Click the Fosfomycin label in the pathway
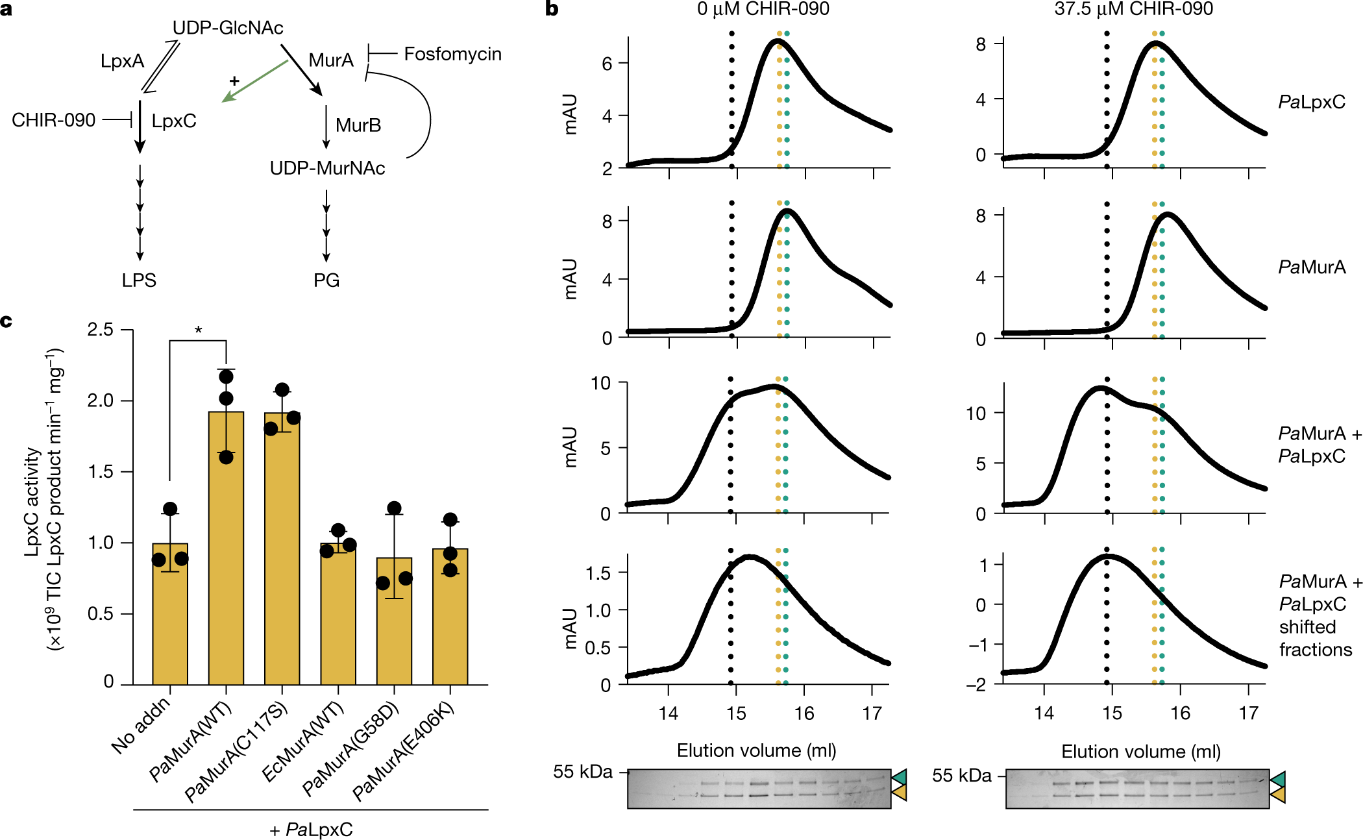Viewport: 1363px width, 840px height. (x=452, y=54)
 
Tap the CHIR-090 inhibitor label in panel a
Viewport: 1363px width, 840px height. (x=53, y=120)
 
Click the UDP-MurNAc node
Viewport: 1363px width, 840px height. (x=327, y=168)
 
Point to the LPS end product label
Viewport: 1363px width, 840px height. (x=139, y=280)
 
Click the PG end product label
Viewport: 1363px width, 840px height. (x=326, y=280)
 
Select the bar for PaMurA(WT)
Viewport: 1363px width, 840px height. (x=226, y=548)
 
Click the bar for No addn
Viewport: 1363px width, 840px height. (x=170, y=613)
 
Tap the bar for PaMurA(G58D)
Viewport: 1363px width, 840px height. (x=394, y=621)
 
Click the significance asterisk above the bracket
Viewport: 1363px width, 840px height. (x=198, y=330)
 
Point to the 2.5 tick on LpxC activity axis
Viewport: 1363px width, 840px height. (x=101, y=330)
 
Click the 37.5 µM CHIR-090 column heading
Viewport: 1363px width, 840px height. (x=1133, y=9)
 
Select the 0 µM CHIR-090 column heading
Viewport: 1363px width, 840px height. (x=763, y=9)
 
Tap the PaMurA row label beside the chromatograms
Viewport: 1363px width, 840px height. (x=1311, y=267)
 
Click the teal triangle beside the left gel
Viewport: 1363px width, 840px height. (x=900, y=777)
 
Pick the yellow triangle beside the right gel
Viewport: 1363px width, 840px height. (x=1278, y=795)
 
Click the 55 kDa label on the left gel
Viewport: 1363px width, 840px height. (x=582, y=772)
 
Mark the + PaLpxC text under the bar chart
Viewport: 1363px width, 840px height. (x=311, y=830)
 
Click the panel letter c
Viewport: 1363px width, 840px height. (x=6, y=321)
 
